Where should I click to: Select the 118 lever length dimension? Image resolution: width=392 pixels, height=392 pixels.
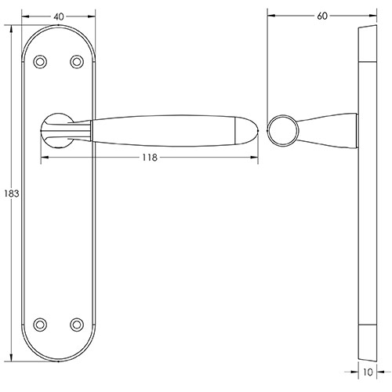149,158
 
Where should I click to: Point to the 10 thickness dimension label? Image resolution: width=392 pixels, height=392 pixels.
368,374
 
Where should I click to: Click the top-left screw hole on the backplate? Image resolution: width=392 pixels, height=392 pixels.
42,61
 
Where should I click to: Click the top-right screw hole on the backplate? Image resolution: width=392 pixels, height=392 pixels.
77,61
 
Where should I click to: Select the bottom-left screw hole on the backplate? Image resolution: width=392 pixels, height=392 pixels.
42,322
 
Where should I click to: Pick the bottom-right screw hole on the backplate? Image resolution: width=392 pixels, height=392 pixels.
77,322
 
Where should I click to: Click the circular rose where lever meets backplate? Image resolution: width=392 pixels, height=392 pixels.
57,129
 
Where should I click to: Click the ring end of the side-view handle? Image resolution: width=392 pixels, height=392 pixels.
281,129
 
